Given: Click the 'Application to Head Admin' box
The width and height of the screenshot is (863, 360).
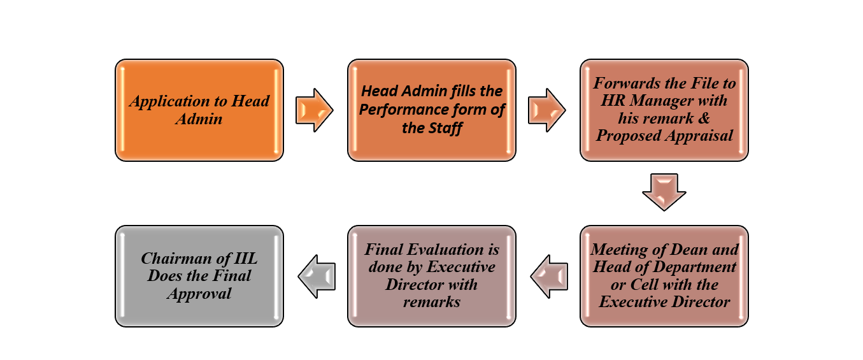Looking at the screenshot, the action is (x=199, y=110).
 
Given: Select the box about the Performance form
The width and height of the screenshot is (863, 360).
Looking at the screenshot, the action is (x=432, y=110).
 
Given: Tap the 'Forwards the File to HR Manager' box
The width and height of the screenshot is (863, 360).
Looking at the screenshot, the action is (x=664, y=110).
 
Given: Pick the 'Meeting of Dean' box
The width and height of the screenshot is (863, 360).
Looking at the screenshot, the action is (x=664, y=277).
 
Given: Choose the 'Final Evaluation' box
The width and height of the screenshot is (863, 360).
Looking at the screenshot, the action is (x=432, y=277).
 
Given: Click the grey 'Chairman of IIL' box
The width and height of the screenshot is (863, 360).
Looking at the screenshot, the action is (x=199, y=277).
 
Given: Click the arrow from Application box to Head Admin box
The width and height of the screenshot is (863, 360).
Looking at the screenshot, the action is (x=315, y=110).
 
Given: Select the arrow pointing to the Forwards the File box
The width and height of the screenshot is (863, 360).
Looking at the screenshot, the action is (x=546, y=110).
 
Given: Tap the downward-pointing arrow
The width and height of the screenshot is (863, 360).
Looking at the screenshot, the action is (x=664, y=192).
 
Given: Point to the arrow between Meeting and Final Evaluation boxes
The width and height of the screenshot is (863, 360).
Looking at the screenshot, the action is (x=549, y=277).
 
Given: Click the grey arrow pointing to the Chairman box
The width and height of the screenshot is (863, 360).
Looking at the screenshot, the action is (x=317, y=277).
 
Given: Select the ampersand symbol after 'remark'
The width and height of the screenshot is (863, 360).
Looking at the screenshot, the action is (x=704, y=118).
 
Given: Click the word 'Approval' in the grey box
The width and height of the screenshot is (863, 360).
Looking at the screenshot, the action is (x=199, y=294).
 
